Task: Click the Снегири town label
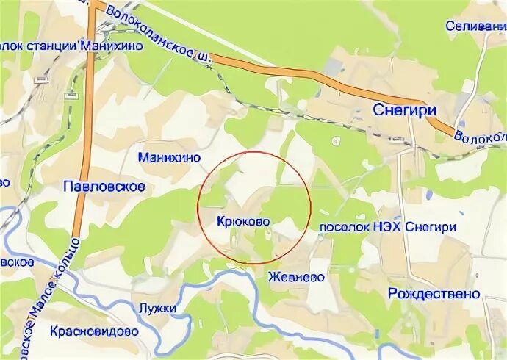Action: click(400, 109)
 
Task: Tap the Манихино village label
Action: click(169, 157)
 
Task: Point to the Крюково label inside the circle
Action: click(243, 220)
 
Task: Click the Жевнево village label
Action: click(296, 278)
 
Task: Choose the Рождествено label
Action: click(434, 294)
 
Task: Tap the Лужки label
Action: click(157, 308)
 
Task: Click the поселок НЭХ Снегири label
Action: click(387, 227)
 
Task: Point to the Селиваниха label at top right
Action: click(476, 26)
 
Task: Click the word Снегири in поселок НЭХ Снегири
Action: click(432, 227)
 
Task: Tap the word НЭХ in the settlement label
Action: click(392, 227)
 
